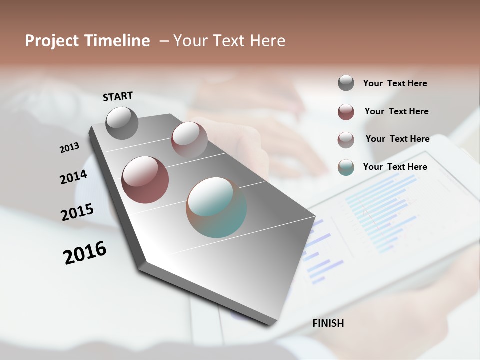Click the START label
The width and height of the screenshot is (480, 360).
point(118,96)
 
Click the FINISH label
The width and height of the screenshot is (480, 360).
point(328,323)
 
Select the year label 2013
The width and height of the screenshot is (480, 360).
point(69,147)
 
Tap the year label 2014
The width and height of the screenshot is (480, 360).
point(73,177)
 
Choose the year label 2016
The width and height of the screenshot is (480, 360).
point(85,252)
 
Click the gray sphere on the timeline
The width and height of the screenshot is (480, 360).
point(122,123)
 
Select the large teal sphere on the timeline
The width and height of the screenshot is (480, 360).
point(216,207)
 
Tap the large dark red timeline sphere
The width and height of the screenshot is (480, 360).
point(145,180)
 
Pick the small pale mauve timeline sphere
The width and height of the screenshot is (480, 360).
point(189,140)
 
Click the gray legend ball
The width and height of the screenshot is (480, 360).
point(346,83)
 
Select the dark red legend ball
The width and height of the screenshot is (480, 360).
point(346,112)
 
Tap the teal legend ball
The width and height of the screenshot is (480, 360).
point(346,167)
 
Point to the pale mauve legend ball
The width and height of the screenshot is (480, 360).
point(346,140)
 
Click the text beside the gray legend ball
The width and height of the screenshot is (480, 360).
point(395,83)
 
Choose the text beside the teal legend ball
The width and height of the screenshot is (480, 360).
point(395,167)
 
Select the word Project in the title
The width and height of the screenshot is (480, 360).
point(52,41)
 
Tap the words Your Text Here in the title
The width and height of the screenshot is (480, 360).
point(229,41)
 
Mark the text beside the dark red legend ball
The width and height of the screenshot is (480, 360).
point(396,111)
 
